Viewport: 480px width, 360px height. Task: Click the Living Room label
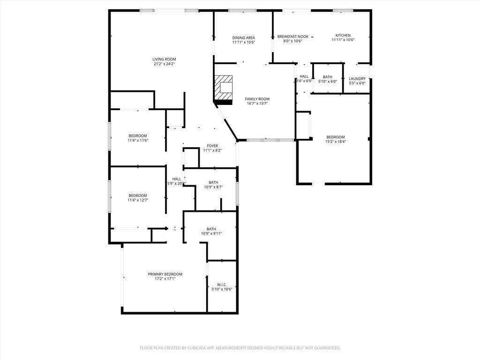[x=164, y=59]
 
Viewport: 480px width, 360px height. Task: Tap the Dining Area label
[x=243, y=37]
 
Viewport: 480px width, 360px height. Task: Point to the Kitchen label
[x=343, y=35]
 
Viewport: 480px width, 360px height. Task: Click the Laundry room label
[x=357, y=79]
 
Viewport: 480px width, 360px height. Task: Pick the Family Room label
[x=257, y=99]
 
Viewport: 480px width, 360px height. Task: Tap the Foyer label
[x=212, y=146]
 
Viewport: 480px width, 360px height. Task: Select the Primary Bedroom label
[x=165, y=274]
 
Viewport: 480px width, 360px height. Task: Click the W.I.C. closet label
[x=222, y=285]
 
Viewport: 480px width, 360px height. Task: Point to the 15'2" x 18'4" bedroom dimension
[x=336, y=142]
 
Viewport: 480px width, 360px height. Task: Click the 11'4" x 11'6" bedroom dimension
[x=138, y=140]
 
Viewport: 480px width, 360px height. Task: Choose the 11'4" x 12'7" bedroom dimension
[x=138, y=200]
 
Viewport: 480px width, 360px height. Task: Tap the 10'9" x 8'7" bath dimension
[x=213, y=187]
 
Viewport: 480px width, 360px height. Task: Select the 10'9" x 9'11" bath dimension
[x=211, y=233]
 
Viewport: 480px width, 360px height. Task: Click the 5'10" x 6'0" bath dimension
[x=328, y=83]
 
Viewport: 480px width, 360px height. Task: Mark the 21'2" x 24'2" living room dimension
[x=164, y=64]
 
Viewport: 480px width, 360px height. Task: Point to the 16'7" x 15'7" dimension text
[x=257, y=104]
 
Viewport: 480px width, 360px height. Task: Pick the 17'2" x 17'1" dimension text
[x=165, y=279]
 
